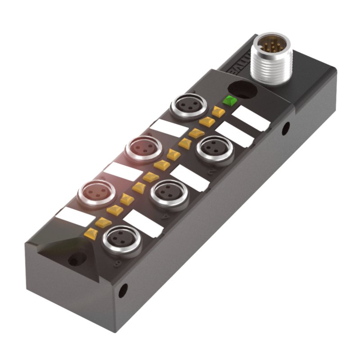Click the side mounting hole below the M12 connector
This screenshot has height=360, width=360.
point(285,129)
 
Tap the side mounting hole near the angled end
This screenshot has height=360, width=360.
point(122,290)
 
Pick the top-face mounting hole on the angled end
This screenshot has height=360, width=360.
point(76,260)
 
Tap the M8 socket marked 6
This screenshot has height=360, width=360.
point(121,240)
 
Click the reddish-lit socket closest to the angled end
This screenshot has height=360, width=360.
point(95,194)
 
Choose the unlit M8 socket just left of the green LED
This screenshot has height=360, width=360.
point(188,106)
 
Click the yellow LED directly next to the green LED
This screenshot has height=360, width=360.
point(219,111)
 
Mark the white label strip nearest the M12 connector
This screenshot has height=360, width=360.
point(252,118)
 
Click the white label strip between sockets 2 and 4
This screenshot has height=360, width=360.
point(190,177)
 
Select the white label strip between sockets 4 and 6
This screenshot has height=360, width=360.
point(143,223)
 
